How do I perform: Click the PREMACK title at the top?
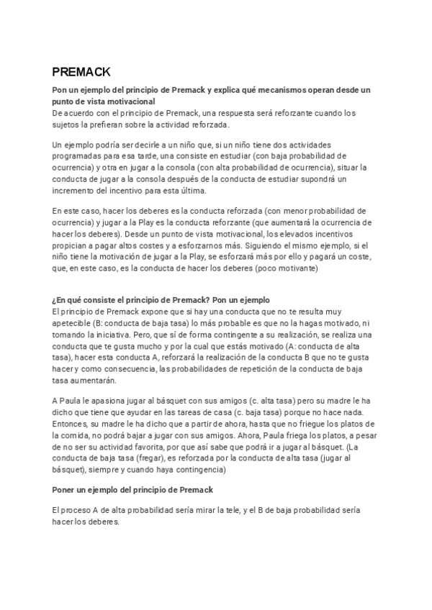click(81, 72)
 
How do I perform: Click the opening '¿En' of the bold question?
click(60, 300)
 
